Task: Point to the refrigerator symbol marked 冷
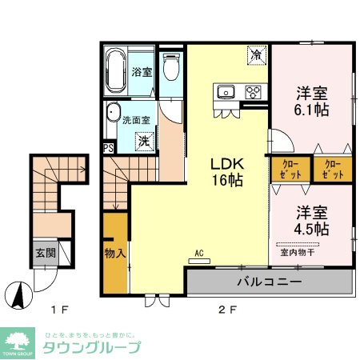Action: pyautogui.click(x=256, y=55)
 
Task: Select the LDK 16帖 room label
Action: pyautogui.click(x=226, y=170)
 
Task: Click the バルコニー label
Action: pyautogui.click(x=268, y=282)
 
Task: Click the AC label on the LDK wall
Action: pyautogui.click(x=198, y=255)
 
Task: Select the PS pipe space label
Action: pyautogui.click(x=107, y=147)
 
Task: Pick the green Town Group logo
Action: pyautogui.click(x=18, y=342)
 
